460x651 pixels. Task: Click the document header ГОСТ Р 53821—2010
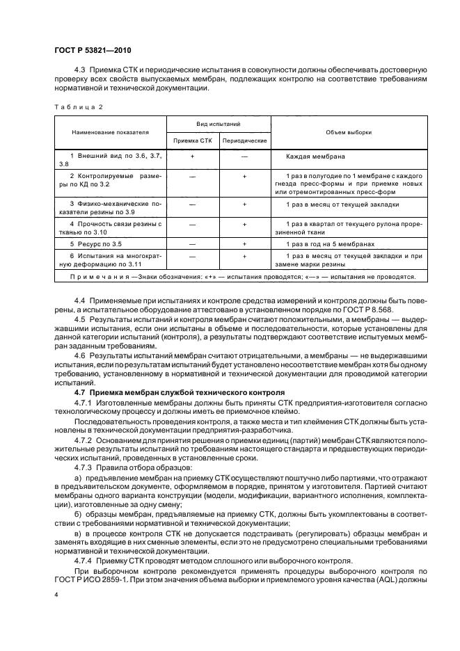point(92,51)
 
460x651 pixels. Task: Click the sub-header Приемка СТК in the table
point(191,140)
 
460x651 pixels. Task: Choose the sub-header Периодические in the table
point(244,140)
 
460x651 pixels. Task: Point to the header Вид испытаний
point(217,123)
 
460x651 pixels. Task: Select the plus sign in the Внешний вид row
point(191,157)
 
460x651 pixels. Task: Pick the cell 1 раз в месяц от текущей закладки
point(342,205)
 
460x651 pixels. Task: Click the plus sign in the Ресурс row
point(244,244)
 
